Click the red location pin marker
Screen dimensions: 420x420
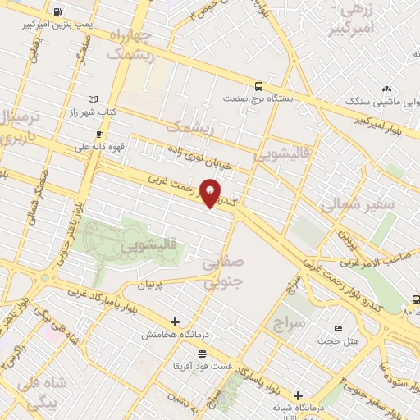click(211, 193)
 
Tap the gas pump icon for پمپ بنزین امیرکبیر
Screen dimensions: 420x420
click(57, 12)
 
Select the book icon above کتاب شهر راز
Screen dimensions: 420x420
click(92, 98)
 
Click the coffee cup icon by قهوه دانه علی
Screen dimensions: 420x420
click(99, 134)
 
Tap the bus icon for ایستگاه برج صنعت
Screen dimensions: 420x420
click(259, 85)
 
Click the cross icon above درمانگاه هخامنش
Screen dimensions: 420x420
click(174, 322)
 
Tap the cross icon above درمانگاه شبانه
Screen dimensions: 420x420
click(297, 395)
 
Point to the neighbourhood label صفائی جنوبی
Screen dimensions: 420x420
click(222, 273)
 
